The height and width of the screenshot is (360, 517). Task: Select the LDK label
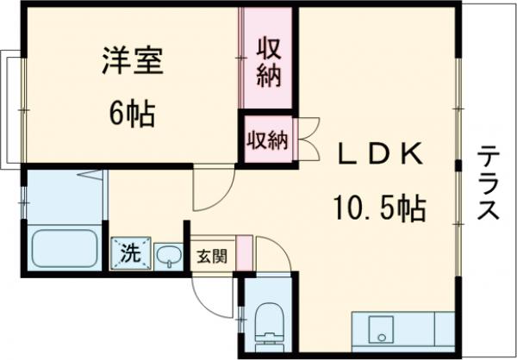pos(379,156)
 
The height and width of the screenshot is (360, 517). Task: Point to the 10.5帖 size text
pos(379,208)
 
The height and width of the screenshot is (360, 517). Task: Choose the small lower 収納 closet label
pos(267,139)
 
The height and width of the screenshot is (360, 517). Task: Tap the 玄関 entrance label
pos(210,257)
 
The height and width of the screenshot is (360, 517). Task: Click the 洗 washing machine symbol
pos(130,252)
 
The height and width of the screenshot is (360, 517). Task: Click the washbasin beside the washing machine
pos(169,254)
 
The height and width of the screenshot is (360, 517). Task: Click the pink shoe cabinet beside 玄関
pos(244,254)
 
